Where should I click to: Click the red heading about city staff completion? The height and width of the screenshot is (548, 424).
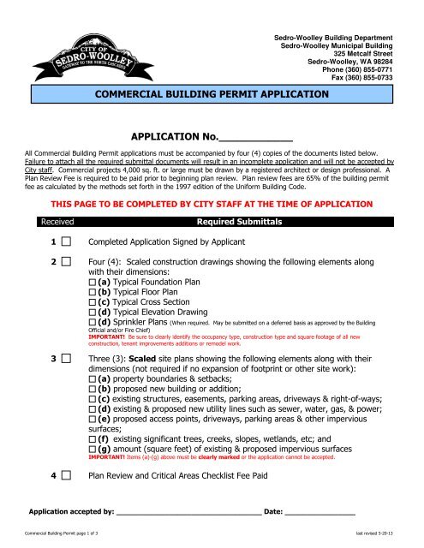[212, 205]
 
